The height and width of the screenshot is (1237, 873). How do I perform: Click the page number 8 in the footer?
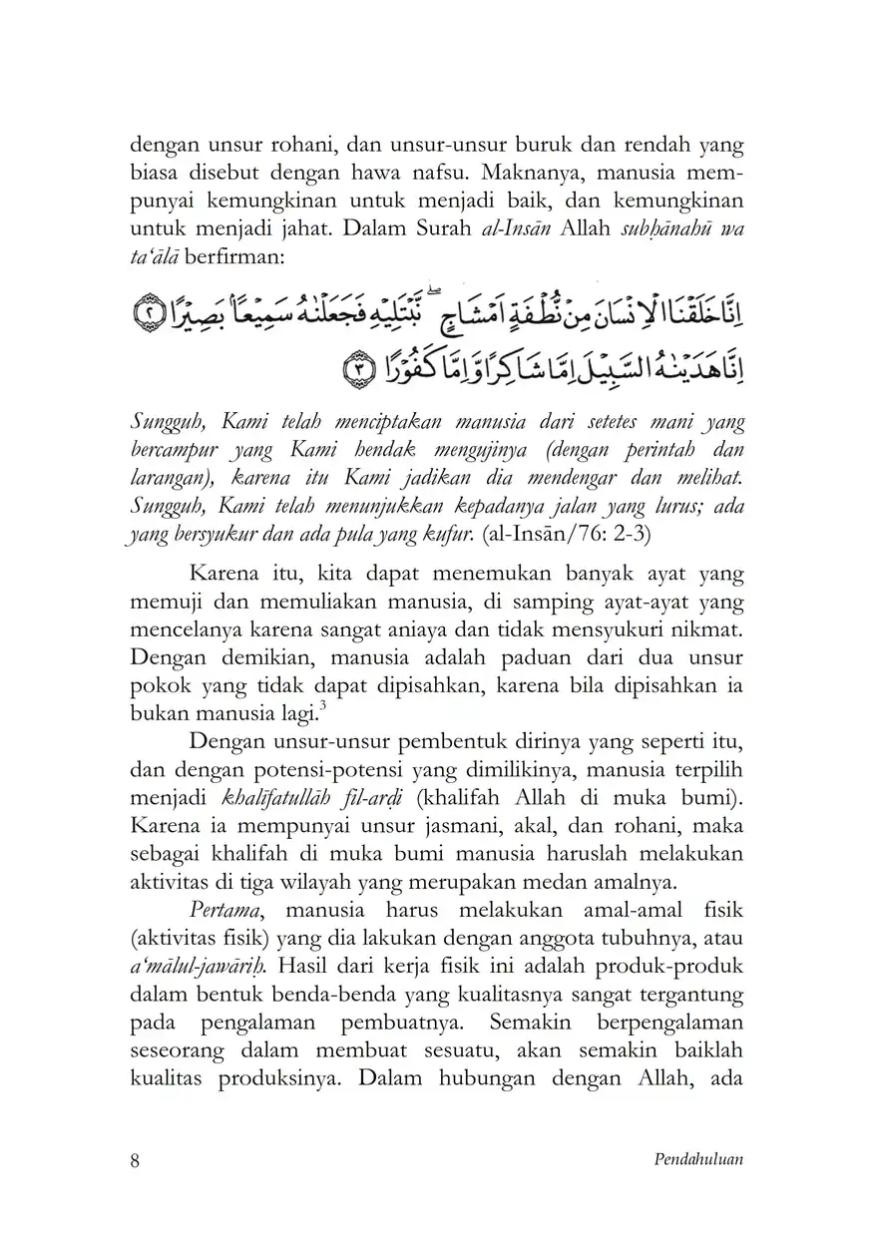[x=136, y=1160]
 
